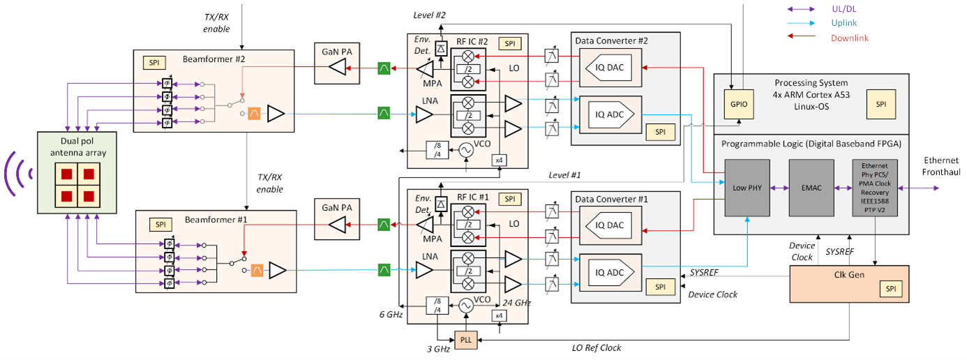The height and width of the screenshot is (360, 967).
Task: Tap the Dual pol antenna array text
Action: point(68,145)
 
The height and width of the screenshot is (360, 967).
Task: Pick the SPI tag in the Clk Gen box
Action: point(889,288)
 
